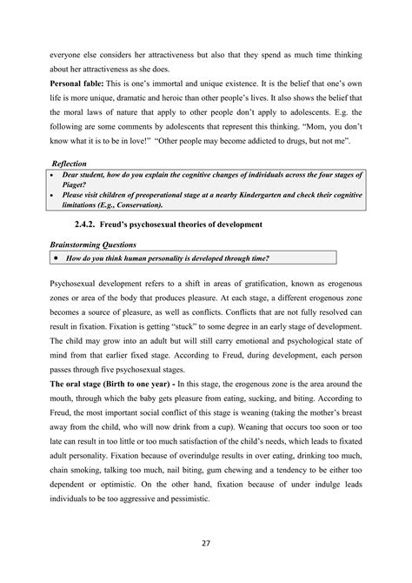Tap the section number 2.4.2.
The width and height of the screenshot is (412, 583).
(126, 224)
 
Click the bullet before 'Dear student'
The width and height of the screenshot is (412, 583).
(56, 175)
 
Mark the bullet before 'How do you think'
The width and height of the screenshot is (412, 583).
(56, 258)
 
